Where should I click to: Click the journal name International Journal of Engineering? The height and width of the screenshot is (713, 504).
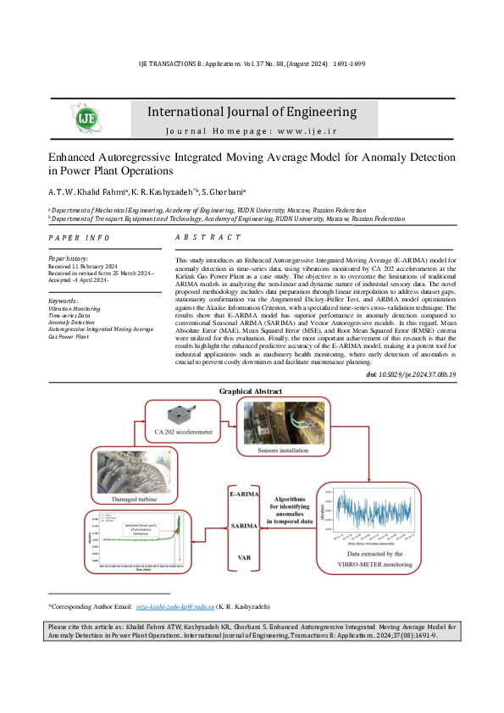tap(252, 112)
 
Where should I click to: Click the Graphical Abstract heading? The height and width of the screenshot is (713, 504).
tap(251, 390)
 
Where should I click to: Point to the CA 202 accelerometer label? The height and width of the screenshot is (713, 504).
tap(184, 434)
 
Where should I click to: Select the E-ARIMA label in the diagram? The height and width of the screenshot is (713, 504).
tap(246, 493)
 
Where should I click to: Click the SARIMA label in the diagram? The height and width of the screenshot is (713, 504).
tap(246, 526)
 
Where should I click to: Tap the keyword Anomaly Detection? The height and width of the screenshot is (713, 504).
tap(71, 321)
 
